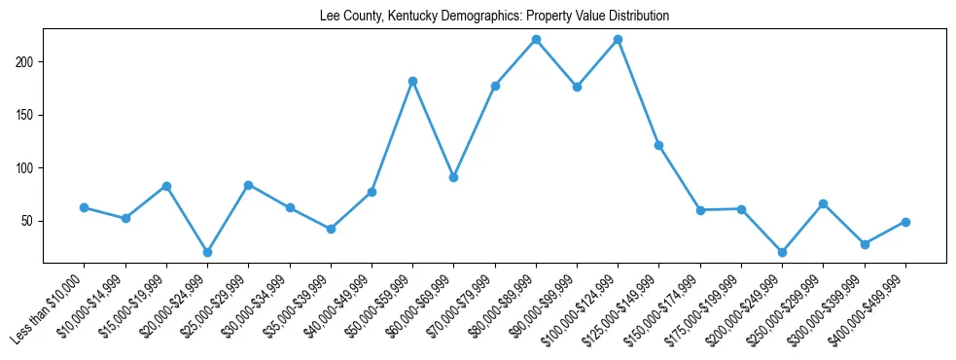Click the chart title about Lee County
coord(494,17)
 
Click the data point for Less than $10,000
coord(85,207)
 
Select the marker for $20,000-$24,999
coord(207,252)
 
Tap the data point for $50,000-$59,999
coord(413,81)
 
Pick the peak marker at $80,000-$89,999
coord(536,39)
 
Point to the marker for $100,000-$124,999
coord(619,39)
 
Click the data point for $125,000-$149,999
coord(659,145)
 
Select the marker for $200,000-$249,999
coord(783,252)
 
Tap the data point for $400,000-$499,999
coord(905,222)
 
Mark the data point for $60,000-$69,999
coord(454,177)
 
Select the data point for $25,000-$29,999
coord(249,185)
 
